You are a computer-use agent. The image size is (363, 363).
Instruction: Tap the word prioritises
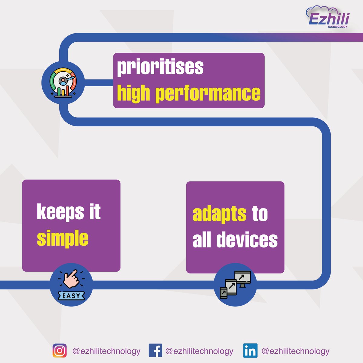[x=160, y=67]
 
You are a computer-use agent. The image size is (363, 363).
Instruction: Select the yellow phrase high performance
[x=188, y=93]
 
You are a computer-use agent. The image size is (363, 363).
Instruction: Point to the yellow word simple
[x=63, y=238]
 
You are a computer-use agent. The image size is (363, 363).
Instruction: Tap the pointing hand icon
[x=71, y=279]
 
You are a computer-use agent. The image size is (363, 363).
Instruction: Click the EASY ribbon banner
[x=71, y=296]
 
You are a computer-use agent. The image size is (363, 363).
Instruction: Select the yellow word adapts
[x=219, y=214]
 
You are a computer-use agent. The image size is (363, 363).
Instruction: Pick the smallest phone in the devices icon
[x=224, y=293]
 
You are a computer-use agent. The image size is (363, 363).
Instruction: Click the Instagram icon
[x=60, y=351]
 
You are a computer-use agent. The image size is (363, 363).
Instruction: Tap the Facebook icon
[x=155, y=351]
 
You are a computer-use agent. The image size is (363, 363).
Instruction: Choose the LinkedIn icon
[x=250, y=351]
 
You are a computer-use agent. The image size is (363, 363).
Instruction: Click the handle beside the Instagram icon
[x=106, y=351]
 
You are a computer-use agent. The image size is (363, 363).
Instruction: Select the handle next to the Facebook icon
[x=199, y=351]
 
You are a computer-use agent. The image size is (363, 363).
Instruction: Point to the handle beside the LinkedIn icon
[x=295, y=351]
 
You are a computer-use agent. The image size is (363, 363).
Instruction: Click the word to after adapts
[x=260, y=214]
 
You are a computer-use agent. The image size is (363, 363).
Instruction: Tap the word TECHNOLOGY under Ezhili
[x=337, y=27]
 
